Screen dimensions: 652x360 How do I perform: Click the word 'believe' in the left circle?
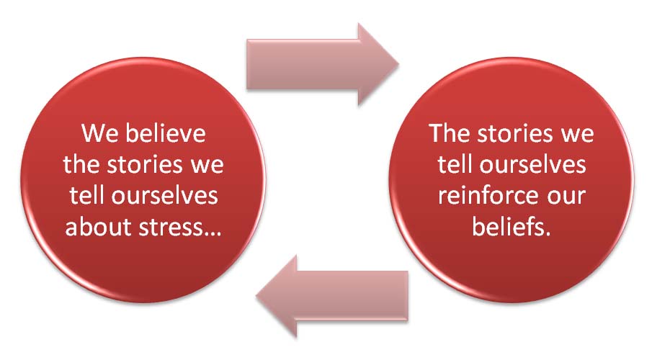pyautogui.click(x=166, y=133)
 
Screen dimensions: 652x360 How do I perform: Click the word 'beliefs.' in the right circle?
pyautogui.click(x=512, y=227)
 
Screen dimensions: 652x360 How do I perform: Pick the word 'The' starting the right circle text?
pyautogui.click(x=450, y=133)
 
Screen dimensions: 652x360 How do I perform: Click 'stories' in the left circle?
pyautogui.click(x=145, y=165)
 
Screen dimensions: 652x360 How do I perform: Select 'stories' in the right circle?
pyautogui.click(x=515, y=133)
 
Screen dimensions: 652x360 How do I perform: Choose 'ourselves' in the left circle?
pyautogui.click(x=164, y=197)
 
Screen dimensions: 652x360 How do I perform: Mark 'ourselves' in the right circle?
pyautogui.click(x=532, y=165)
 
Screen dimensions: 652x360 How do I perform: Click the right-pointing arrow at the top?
pyautogui.click(x=323, y=64)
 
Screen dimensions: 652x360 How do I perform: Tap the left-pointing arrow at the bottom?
pyautogui.click(x=332, y=297)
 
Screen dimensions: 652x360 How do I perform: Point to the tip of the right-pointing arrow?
pyautogui.click(x=399, y=64)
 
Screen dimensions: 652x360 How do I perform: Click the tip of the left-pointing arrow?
pyautogui.click(x=256, y=297)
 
